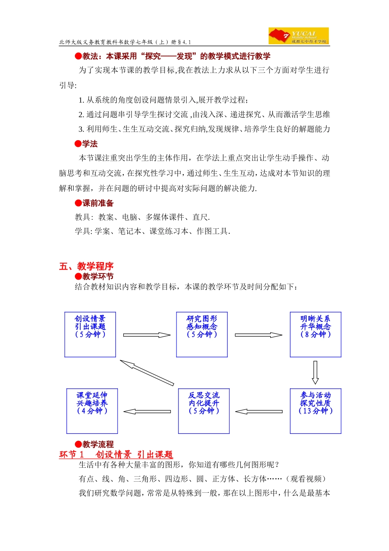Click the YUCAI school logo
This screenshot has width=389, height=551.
coord(299,36)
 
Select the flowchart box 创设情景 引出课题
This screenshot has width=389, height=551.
coord(90,335)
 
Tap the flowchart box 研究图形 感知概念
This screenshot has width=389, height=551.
coord(202,335)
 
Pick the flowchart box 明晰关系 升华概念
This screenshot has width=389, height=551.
coord(315,335)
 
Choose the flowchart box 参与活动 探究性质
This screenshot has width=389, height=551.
coord(315,411)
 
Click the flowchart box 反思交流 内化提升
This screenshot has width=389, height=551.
coord(204,411)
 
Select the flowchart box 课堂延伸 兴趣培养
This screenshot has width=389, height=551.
coord(92,411)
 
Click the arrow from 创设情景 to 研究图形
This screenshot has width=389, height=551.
coord(147,335)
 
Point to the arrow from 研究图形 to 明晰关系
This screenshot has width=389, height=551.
coord(258,335)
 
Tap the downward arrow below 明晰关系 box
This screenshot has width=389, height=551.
coord(315,372)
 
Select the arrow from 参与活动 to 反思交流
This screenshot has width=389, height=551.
coord(259,411)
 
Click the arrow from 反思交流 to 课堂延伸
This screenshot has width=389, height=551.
coord(147,411)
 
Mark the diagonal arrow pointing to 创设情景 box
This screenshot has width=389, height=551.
coord(147,373)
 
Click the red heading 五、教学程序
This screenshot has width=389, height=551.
coord(86,266)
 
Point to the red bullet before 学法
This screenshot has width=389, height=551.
coord(78,143)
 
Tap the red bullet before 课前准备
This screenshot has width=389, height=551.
coord(78,203)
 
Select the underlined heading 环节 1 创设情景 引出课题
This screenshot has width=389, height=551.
coord(116,454)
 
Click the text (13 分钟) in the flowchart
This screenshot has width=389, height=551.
coord(315,411)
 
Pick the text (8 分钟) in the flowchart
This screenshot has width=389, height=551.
coord(315,334)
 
